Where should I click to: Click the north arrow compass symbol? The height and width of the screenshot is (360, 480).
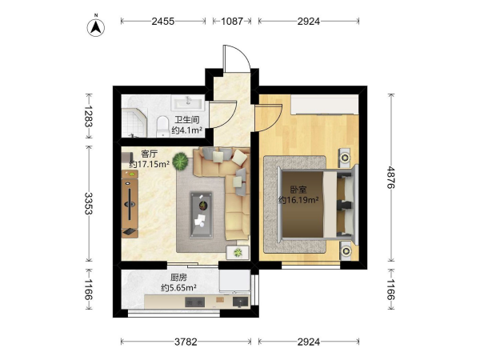[96, 27]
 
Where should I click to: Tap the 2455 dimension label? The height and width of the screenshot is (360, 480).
[163, 21]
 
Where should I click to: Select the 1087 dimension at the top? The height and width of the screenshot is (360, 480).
[232, 21]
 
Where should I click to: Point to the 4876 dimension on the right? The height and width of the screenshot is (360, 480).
[391, 178]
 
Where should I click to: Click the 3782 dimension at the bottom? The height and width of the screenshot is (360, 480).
[186, 342]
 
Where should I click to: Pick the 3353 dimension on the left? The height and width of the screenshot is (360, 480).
[89, 203]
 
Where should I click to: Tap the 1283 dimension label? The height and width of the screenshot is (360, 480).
[89, 116]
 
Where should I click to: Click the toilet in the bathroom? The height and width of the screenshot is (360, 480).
[163, 126]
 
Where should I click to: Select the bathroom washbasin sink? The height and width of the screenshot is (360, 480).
[188, 102]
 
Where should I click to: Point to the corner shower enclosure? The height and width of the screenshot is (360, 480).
[134, 122]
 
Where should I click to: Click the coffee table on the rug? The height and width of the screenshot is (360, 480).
[201, 214]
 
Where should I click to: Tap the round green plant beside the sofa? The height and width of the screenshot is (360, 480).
[180, 162]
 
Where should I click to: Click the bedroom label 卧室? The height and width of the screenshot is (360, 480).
[298, 190]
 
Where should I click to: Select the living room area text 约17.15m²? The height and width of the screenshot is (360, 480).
[150, 164]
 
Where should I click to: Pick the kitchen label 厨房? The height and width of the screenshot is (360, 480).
[178, 278]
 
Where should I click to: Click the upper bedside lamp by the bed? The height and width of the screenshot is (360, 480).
[346, 158]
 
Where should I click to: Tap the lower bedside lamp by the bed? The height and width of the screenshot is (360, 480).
[346, 251]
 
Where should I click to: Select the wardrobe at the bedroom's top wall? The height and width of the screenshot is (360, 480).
[325, 105]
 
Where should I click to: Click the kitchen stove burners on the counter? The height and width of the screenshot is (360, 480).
[194, 302]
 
